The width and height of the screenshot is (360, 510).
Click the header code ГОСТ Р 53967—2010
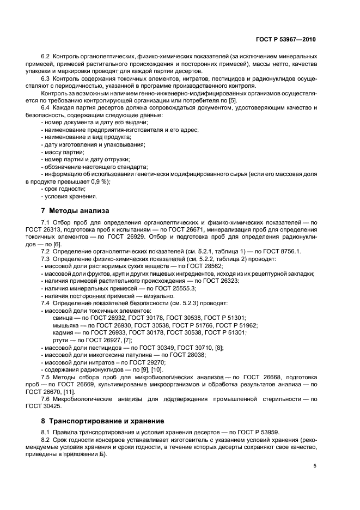pyautogui.click(x=286, y=40)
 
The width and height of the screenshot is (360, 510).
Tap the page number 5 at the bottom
pyautogui.click(x=315, y=466)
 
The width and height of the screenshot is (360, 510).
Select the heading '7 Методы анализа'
pyautogui.click(x=75, y=210)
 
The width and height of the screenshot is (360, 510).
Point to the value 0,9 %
pyautogui.click(x=98, y=181)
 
